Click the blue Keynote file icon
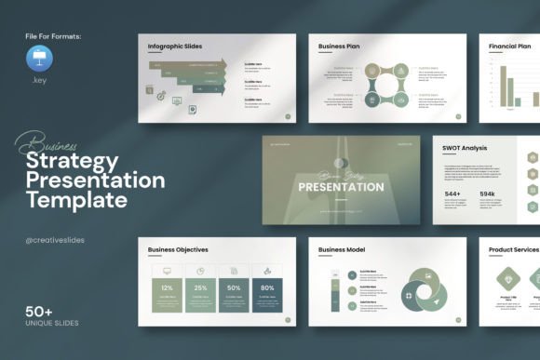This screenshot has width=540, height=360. [x=41, y=60]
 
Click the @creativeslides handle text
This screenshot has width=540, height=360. [x=55, y=240]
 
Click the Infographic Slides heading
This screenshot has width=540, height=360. [x=176, y=46]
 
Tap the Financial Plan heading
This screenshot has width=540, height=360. [x=510, y=46]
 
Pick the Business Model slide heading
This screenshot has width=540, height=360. [x=344, y=249]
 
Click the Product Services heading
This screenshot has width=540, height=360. [x=513, y=249]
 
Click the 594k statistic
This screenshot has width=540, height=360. [x=489, y=194]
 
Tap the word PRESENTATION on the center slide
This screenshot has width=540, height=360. [x=341, y=187]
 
